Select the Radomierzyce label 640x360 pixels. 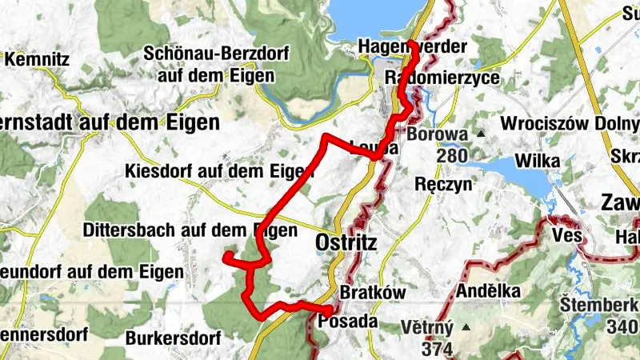pos(442,78)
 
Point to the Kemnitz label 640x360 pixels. pos(38,59)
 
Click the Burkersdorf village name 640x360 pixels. pos(173,338)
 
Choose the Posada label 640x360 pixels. pos(347,322)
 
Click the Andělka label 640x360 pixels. pos(488,291)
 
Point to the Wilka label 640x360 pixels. pos(537,161)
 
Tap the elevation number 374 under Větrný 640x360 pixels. pos(438,348)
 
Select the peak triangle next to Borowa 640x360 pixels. pos(482,134)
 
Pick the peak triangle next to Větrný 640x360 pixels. pos(466,327)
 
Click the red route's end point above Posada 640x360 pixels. pos(330,309)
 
